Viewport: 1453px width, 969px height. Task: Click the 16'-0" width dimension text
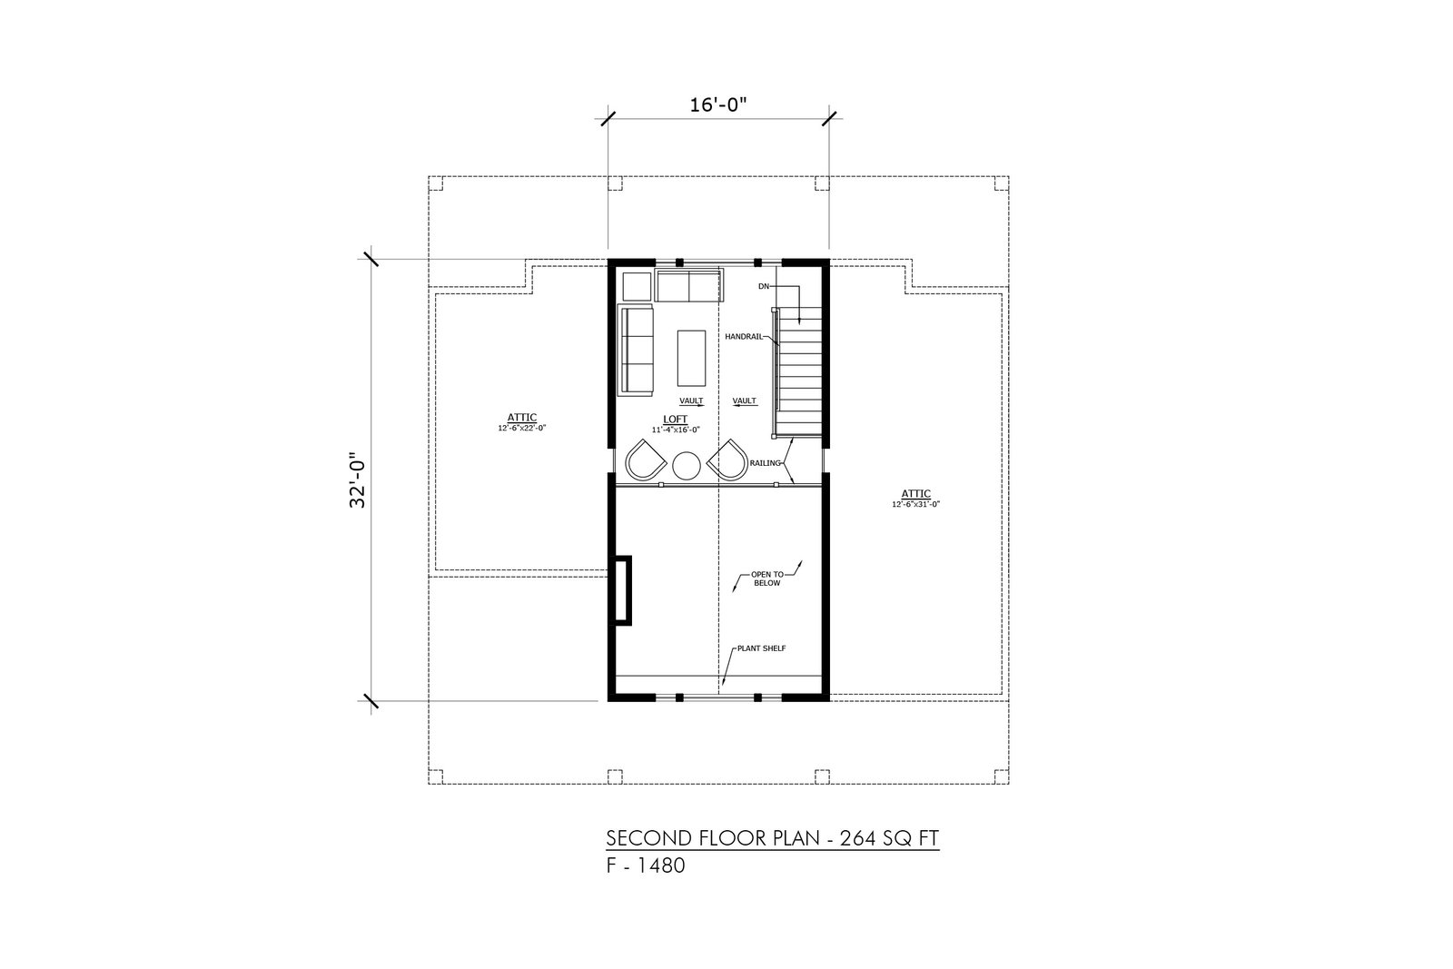[x=718, y=104]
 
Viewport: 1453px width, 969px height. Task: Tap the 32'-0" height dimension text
[x=358, y=480]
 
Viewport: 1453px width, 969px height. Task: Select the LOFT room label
[x=676, y=420]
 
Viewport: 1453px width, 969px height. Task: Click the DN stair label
[x=764, y=286]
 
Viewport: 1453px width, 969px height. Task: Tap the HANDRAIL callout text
[x=744, y=337]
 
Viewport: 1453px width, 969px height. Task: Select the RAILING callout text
[x=766, y=463]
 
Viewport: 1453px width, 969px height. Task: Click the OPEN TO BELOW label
[x=767, y=578]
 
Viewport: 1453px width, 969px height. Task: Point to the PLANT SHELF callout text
[x=762, y=648]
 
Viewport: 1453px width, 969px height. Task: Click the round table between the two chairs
[x=687, y=466]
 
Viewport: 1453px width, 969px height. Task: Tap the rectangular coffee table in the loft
[x=691, y=358]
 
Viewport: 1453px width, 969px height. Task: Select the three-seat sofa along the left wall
[x=636, y=350]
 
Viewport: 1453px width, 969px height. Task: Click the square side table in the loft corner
[x=637, y=287]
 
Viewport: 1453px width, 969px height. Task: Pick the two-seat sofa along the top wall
[x=689, y=285]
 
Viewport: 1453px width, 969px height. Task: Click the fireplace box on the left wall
[x=621, y=590]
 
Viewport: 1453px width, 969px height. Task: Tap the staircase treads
[x=799, y=372]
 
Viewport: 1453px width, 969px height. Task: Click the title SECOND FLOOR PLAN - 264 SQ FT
[x=773, y=838]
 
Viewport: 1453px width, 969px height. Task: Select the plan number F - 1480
[x=646, y=865]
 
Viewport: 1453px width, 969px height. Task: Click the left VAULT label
[x=691, y=400]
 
